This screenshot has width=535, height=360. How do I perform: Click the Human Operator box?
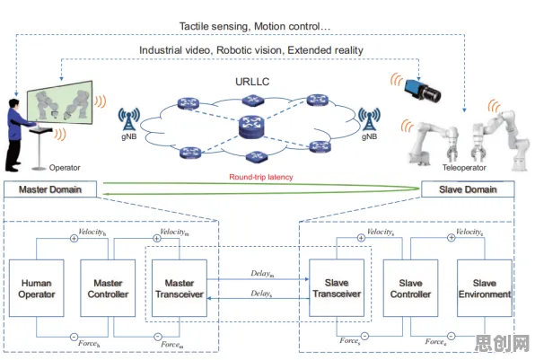pyautogui.click(x=37, y=288)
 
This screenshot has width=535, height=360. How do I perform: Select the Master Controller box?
pyautogui.click(x=108, y=288)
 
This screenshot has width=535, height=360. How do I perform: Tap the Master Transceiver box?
pyautogui.click(x=180, y=288)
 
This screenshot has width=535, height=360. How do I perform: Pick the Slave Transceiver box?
pyautogui.click(x=337, y=287)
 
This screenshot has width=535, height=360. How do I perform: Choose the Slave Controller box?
pyautogui.click(x=410, y=288)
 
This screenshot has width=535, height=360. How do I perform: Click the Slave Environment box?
pyautogui.click(x=485, y=288)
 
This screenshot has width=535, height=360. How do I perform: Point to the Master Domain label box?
pyautogui.click(x=50, y=189)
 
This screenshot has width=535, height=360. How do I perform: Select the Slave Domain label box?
pyautogui.click(x=468, y=189)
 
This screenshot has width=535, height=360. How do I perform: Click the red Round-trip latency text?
pyautogui.click(x=261, y=177)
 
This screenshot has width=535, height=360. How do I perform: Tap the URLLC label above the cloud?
pyautogui.click(x=252, y=82)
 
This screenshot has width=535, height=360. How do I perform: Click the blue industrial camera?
pyautogui.click(x=423, y=90)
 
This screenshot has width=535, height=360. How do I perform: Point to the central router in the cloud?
pyautogui.click(x=252, y=127)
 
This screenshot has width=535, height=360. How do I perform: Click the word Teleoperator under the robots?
pyautogui.click(x=464, y=168)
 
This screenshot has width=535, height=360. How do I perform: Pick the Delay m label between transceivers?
pyautogui.click(x=262, y=273)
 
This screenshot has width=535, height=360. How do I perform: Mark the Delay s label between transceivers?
pyautogui.click(x=261, y=294)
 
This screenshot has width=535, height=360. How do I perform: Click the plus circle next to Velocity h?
pyautogui.click(x=74, y=239)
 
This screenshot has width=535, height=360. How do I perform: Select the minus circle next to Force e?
pyautogui.click(x=451, y=336)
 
